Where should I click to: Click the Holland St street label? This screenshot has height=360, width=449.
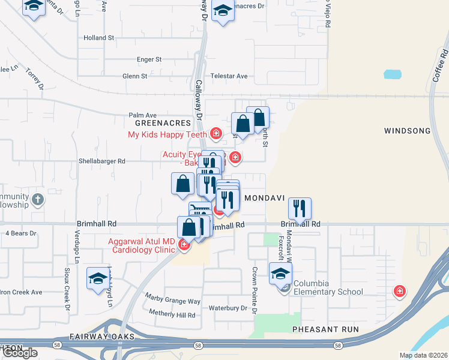99,37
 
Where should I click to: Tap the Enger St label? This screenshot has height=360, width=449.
149,59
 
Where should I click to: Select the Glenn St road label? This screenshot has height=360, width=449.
135,76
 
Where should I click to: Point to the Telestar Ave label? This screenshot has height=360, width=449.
229,76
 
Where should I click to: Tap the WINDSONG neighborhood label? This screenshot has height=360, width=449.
408,130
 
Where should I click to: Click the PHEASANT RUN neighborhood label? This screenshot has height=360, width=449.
325,329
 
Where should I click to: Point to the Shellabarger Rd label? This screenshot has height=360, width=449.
102,161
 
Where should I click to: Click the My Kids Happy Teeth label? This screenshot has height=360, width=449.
167,134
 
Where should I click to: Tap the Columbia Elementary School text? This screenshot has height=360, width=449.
328,292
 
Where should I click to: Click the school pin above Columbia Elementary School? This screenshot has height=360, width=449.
280,273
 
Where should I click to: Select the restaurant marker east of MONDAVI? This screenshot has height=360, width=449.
299,208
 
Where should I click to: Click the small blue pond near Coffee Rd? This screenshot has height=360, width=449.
392,74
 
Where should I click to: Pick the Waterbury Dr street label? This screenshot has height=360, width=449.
228,308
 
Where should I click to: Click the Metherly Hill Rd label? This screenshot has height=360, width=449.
172,314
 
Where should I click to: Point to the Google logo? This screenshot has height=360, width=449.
20,353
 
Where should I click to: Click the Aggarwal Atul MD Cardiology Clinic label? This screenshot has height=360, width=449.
142,246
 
